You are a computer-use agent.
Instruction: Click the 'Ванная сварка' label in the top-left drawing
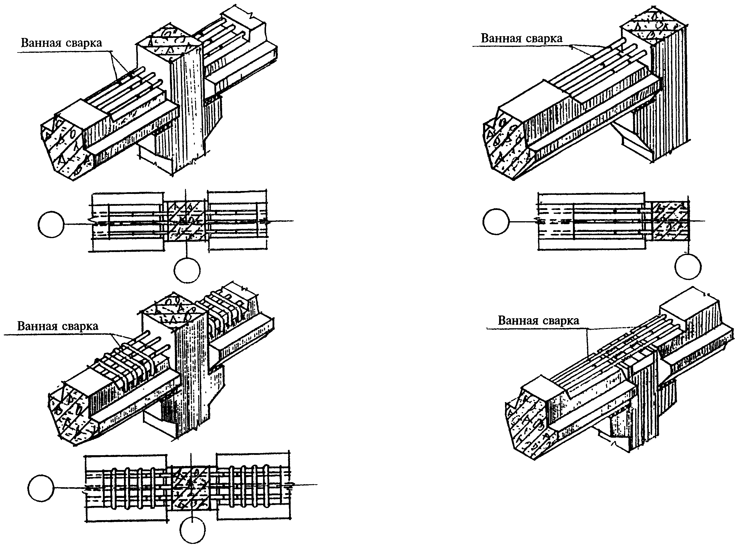click(61, 43)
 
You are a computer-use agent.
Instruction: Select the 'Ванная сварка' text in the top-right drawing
click(521, 39)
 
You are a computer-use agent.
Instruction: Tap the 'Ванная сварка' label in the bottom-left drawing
click(58, 326)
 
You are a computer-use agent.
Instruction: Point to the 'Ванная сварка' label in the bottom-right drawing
click(538, 321)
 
